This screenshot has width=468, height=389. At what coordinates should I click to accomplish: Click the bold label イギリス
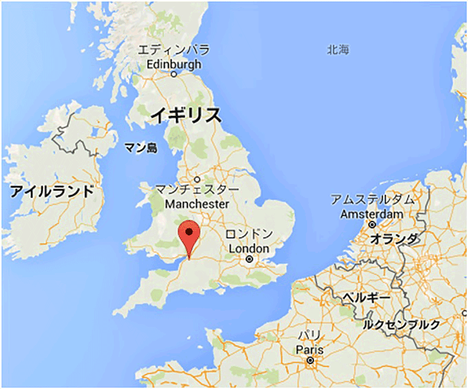click(x=185, y=114)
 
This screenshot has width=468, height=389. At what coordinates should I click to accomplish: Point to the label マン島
click(x=142, y=148)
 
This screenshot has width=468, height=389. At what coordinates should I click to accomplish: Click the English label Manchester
click(x=197, y=204)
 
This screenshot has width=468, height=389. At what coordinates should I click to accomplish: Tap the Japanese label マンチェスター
click(x=198, y=190)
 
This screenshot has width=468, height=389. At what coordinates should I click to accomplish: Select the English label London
click(x=249, y=248)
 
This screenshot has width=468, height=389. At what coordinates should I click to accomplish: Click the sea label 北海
click(x=338, y=50)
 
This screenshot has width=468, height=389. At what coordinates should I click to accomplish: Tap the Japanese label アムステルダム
click(x=373, y=200)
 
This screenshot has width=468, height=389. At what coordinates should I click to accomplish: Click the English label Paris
click(x=309, y=349)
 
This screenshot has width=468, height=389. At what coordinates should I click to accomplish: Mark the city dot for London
click(x=250, y=258)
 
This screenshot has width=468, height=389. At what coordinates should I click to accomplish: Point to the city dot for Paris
click(x=310, y=361)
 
